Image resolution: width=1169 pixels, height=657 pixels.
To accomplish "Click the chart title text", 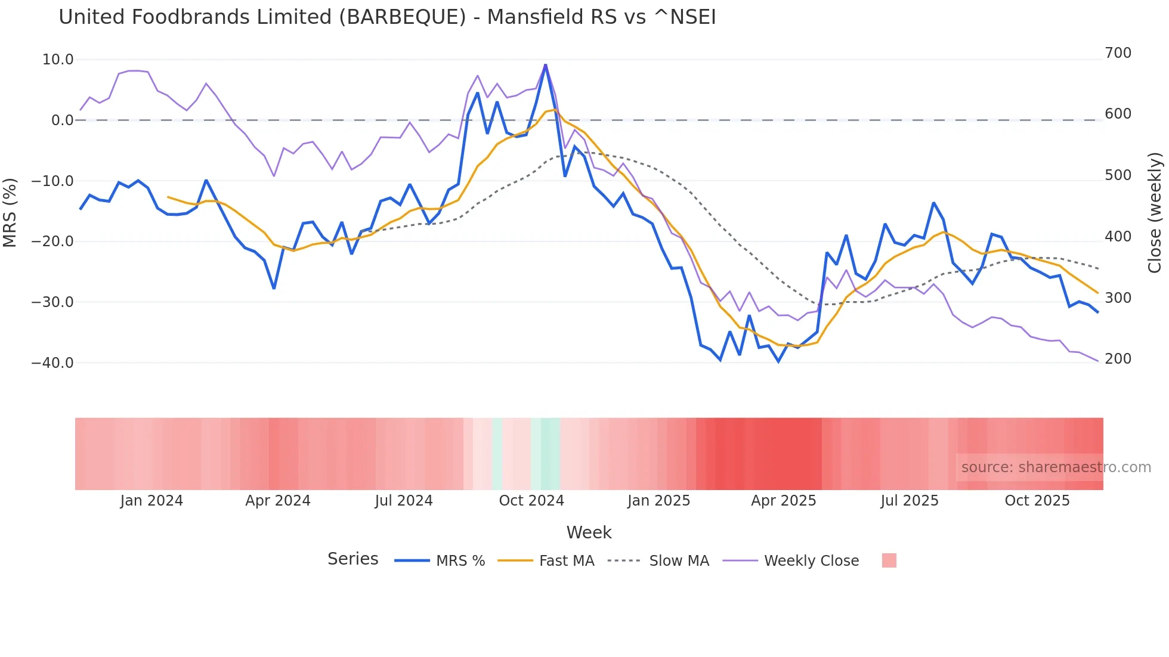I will (387, 17).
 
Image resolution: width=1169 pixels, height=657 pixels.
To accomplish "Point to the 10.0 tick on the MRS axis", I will (58, 60).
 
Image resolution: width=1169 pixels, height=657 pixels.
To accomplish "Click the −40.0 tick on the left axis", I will (52, 362).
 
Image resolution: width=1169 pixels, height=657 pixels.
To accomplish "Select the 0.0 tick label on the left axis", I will (62, 120).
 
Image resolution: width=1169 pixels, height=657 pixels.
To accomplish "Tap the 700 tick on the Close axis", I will (1118, 53).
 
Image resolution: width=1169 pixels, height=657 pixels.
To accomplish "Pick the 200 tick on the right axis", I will (1118, 359).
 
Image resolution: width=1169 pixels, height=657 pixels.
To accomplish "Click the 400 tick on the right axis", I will (1118, 237).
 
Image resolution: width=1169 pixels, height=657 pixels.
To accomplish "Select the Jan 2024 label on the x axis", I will (151, 501).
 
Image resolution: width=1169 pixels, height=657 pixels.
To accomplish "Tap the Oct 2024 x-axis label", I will (531, 501).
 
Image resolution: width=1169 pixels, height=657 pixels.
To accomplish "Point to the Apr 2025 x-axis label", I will (783, 501).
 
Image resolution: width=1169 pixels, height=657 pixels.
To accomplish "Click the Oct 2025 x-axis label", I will (1037, 501).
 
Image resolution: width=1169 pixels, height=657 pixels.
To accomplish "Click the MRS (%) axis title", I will (10, 212).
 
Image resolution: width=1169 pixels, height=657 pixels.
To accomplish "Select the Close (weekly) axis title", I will (1155, 213).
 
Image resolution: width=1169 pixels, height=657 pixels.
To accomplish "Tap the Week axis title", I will (589, 532).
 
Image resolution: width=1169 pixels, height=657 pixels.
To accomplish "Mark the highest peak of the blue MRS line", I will (545, 64).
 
